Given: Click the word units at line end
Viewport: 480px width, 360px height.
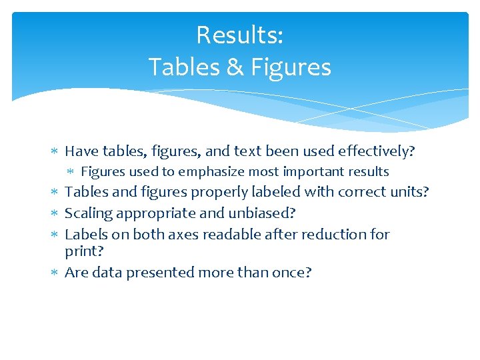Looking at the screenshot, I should coord(411,193).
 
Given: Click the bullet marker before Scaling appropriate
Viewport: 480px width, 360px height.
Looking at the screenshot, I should coord(55,214).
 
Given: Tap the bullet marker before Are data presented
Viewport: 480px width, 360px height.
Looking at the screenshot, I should coord(55,273).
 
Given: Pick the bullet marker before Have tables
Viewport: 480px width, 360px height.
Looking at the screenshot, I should coord(55,153).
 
